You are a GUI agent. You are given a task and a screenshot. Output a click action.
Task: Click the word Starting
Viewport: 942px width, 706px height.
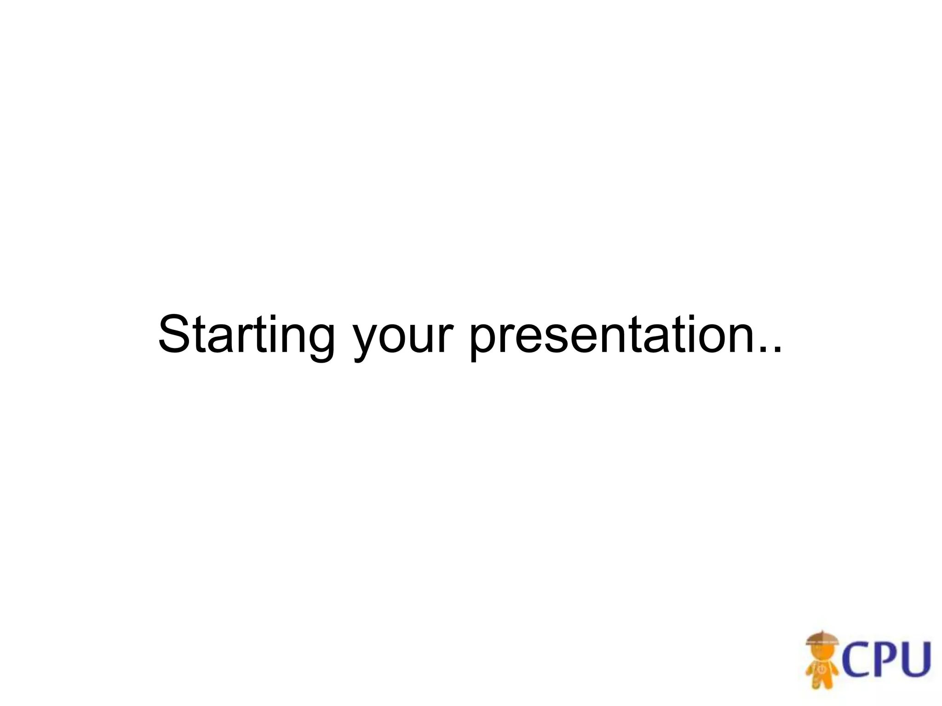246,335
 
